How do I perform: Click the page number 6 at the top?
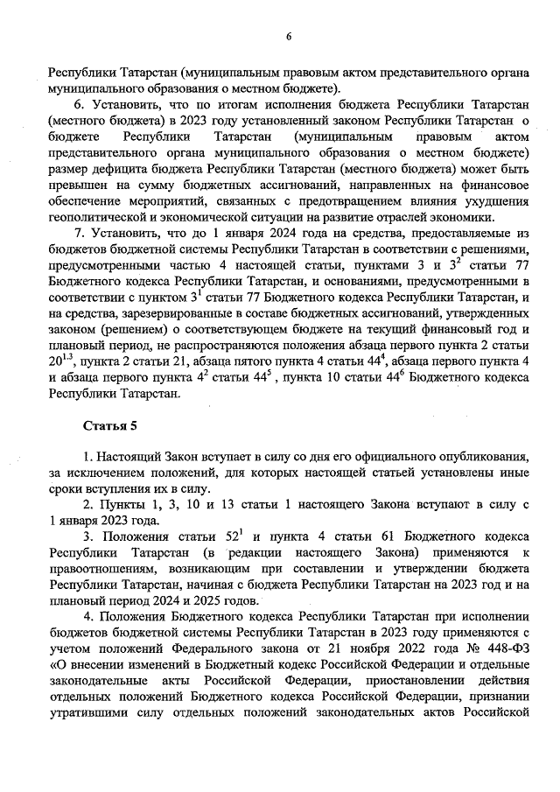pyautogui.click(x=288, y=36)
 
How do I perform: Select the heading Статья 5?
pyautogui.click(x=109, y=426)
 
